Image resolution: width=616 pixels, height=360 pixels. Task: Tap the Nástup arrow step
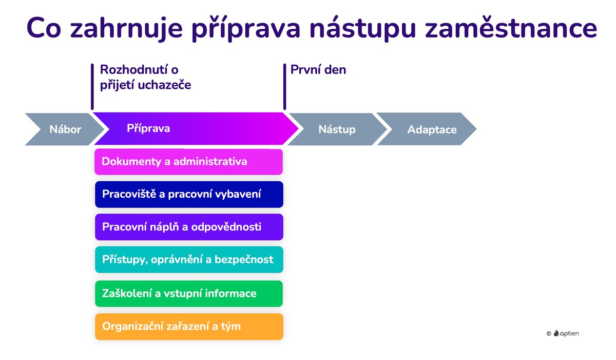coord(337,129)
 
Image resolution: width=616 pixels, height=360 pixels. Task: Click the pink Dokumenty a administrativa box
coord(188,162)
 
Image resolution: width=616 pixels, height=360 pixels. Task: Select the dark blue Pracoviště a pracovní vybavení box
coord(188,194)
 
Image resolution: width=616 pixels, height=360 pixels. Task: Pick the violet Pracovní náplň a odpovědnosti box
coord(188,227)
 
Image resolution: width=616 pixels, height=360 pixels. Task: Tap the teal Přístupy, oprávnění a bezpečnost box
coord(188,259)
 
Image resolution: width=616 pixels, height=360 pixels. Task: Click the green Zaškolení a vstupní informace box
coord(188,294)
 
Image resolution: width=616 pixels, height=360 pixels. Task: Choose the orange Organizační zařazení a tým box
coord(188,326)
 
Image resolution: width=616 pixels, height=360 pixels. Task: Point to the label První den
coord(318,70)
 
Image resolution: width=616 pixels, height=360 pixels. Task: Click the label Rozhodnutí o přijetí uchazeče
coord(145,77)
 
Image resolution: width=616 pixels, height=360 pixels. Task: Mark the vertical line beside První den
coord(284,87)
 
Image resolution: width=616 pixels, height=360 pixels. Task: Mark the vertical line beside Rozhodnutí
coord(92,86)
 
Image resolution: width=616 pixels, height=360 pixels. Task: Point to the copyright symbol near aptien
coord(549,334)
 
